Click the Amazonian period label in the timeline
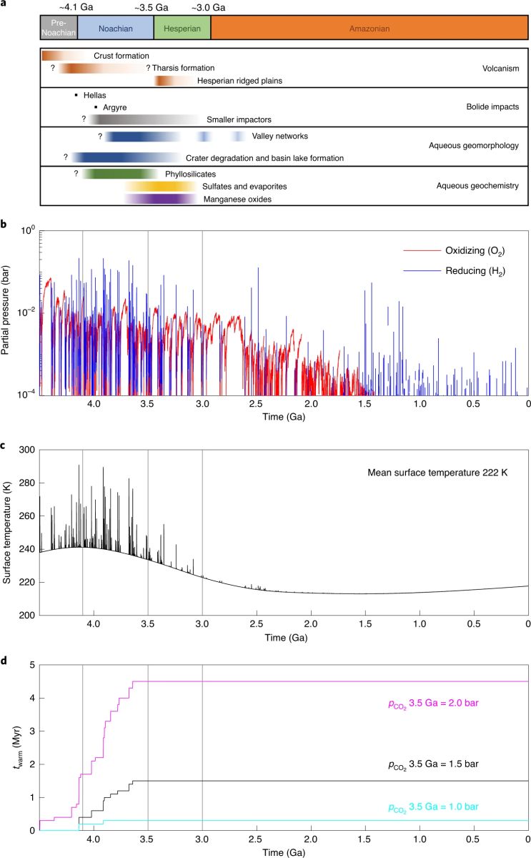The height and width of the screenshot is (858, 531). [369, 26]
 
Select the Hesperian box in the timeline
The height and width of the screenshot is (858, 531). [182, 26]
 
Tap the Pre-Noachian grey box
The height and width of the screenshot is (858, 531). [59, 26]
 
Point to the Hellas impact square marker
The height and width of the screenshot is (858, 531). [76, 94]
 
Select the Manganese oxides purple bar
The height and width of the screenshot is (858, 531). [161, 199]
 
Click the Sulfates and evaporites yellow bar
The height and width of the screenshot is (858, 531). [159, 186]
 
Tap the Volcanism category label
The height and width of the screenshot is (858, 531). [499, 69]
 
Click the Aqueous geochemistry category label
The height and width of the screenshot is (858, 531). [477, 186]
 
